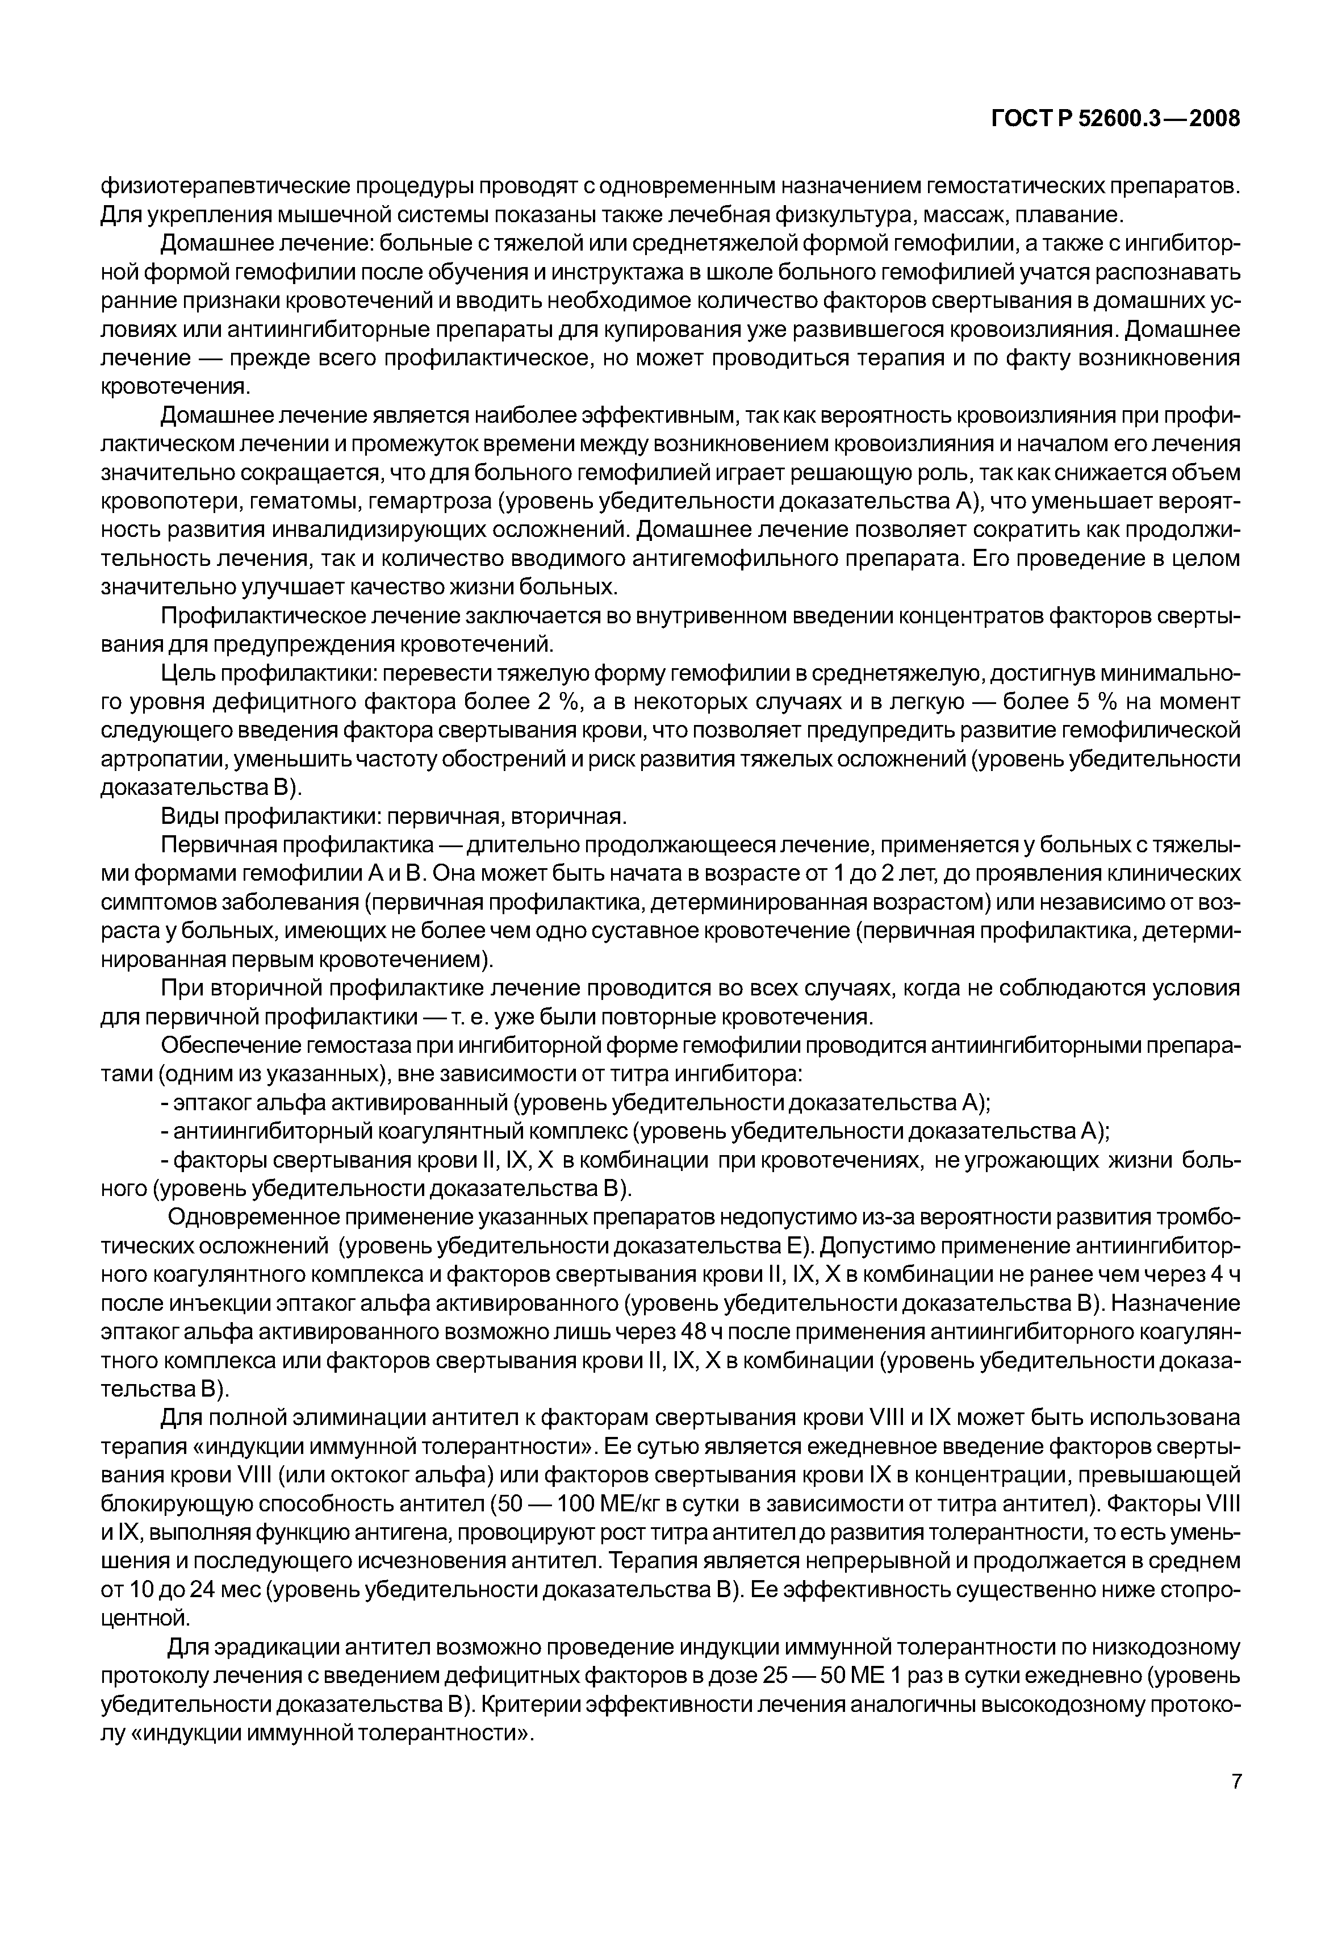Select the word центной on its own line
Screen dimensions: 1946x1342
pos(144,1617)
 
